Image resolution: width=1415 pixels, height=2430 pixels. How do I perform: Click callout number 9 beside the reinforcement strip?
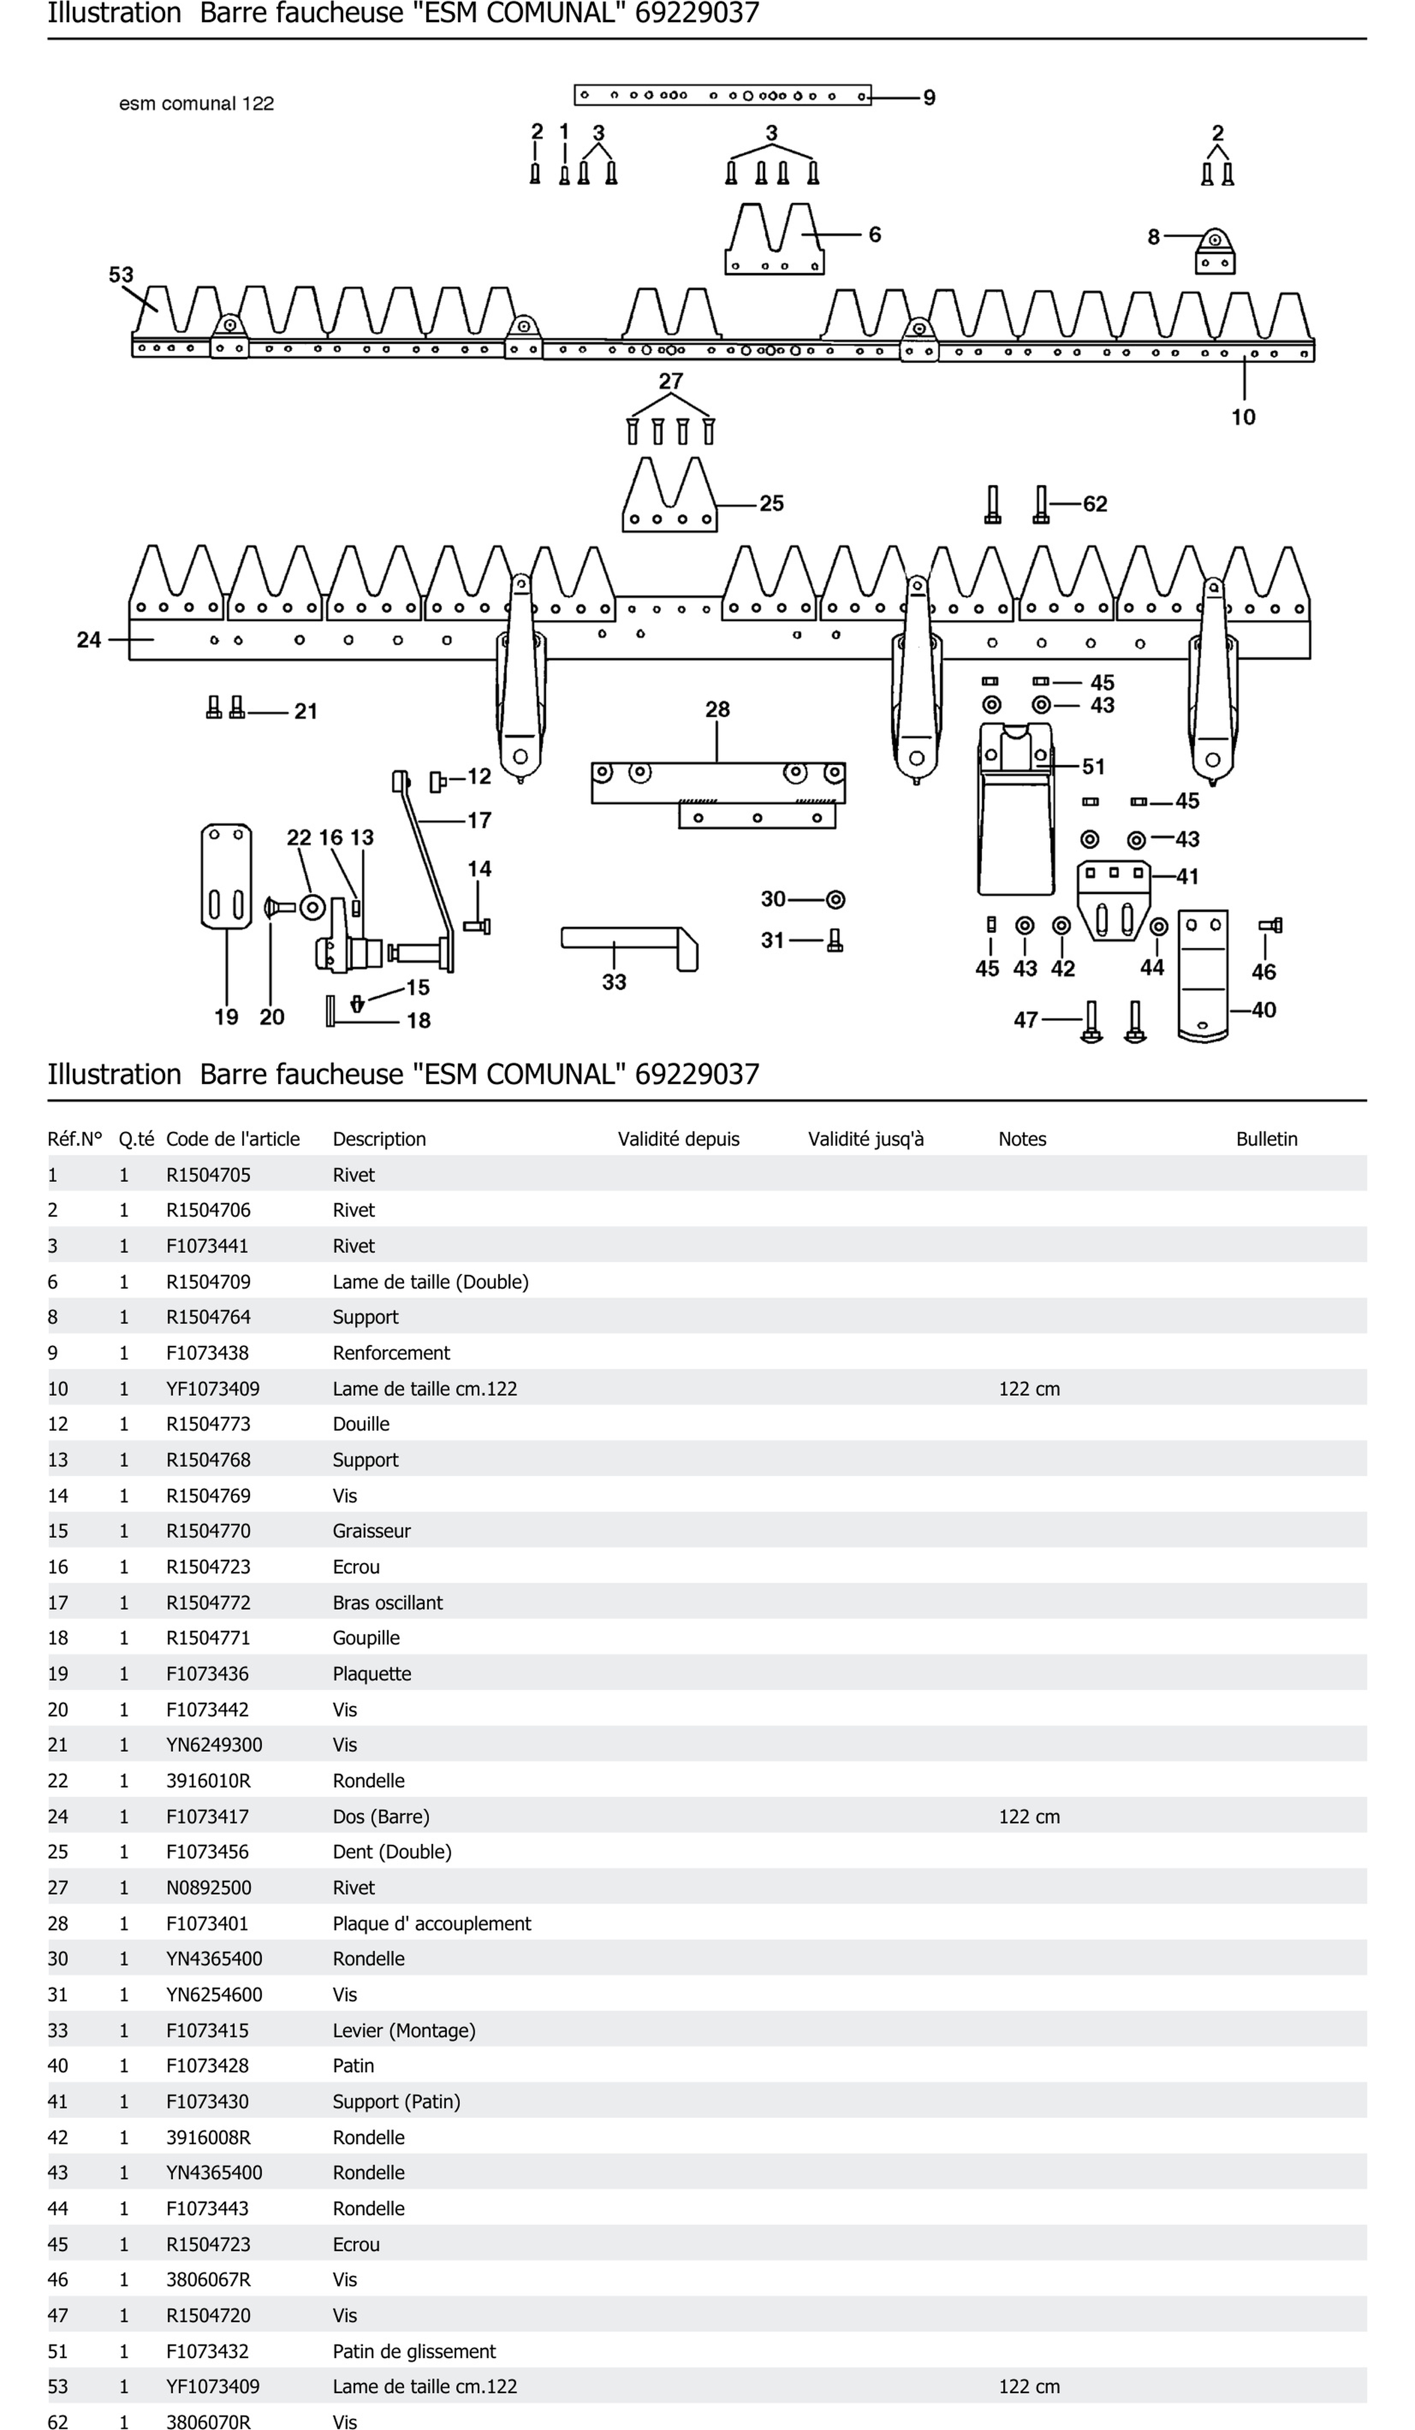929,98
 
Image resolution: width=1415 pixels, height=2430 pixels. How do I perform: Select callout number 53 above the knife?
121,275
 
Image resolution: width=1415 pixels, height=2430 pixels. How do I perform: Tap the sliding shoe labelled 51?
1015,810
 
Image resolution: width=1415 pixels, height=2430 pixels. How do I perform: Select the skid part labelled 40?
1203,974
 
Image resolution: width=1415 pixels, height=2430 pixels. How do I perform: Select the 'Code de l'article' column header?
232,1139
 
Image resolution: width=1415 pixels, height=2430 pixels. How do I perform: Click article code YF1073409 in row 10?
212,1389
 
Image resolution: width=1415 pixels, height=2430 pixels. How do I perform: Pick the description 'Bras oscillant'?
388,1603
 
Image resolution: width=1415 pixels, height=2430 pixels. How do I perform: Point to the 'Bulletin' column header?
1266,1139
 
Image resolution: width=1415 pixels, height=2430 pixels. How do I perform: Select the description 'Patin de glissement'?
414,2351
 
